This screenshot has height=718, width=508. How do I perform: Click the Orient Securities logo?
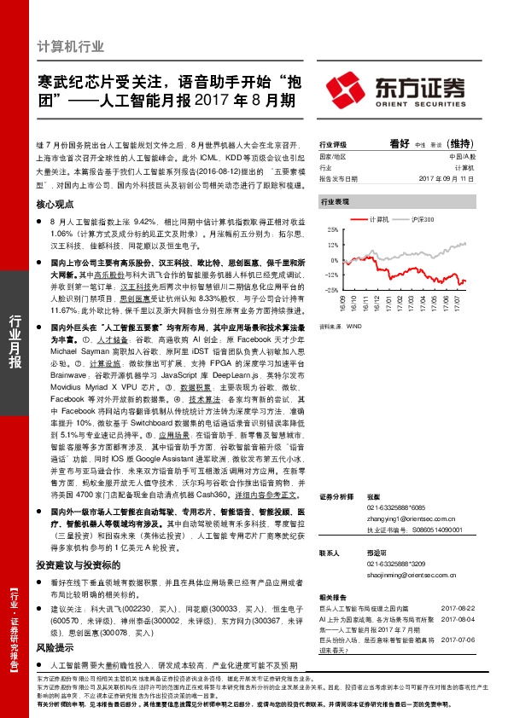[x=395, y=89]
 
